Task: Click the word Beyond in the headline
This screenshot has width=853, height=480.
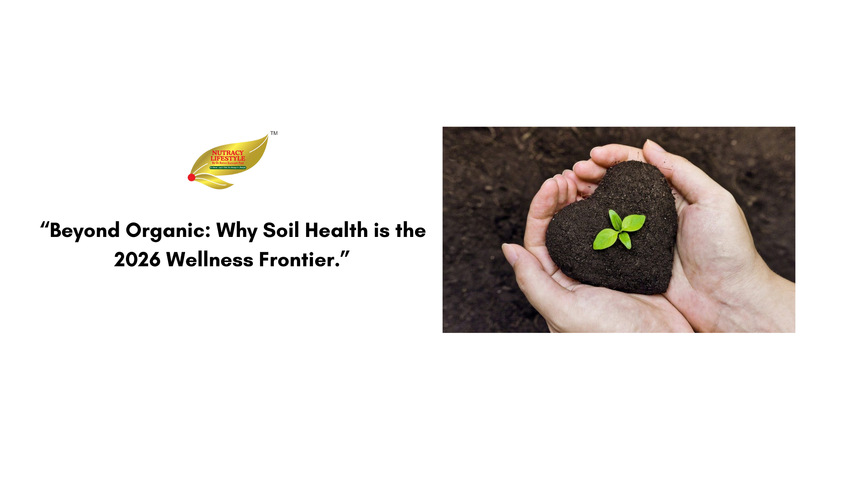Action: pos(85,230)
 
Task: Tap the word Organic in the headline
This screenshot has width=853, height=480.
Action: pos(168,231)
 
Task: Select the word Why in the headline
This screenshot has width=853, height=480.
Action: pos(236,231)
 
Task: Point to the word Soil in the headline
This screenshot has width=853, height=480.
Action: pos(281,230)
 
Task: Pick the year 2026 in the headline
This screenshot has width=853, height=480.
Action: pos(137,260)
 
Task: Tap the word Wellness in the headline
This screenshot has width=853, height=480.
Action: pos(210,260)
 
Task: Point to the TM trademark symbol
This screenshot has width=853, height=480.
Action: pos(274,133)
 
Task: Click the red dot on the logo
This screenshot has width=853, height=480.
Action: pos(192,177)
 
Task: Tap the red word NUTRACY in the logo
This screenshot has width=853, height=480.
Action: pos(228,153)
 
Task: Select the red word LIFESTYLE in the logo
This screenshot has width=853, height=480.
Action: pos(228,158)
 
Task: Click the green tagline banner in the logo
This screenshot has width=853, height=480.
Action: pos(228,168)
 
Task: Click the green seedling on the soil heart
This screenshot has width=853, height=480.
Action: pos(620,230)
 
